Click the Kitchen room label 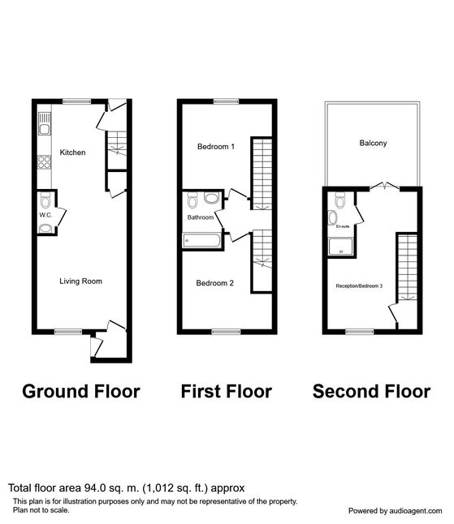tap(72, 152)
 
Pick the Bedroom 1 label tap(215, 148)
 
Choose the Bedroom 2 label tap(215, 283)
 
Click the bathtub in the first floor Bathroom tap(200, 240)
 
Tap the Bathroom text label tap(201, 218)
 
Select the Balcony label tap(373, 144)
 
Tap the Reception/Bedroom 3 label tap(359, 286)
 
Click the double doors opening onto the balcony tap(382, 187)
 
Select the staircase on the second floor tap(405, 267)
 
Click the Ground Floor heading tap(80, 392)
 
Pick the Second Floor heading tap(371, 392)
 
